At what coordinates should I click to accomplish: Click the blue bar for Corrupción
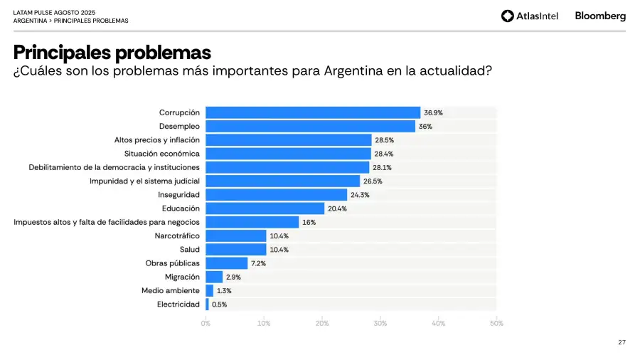313,112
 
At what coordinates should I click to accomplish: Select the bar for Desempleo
310,126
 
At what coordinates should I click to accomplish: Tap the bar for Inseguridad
276,194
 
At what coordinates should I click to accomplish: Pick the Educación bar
265,208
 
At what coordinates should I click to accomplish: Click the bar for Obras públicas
226,263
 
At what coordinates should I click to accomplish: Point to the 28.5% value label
384,140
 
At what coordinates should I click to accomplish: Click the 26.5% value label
373,181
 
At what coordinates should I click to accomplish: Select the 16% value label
309,222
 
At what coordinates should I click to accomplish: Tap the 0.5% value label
219,305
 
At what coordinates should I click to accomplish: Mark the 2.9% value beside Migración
233,277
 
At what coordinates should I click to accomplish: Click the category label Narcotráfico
177,235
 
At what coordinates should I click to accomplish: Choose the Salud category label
189,250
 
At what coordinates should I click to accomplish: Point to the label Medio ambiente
171,290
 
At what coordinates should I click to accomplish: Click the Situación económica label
161,154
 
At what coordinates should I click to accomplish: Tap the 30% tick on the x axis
380,324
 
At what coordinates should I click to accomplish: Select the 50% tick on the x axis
496,324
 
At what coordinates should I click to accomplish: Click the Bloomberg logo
600,16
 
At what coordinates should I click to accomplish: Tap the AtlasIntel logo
530,16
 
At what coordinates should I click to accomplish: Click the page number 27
622,343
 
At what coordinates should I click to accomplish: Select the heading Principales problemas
112,53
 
